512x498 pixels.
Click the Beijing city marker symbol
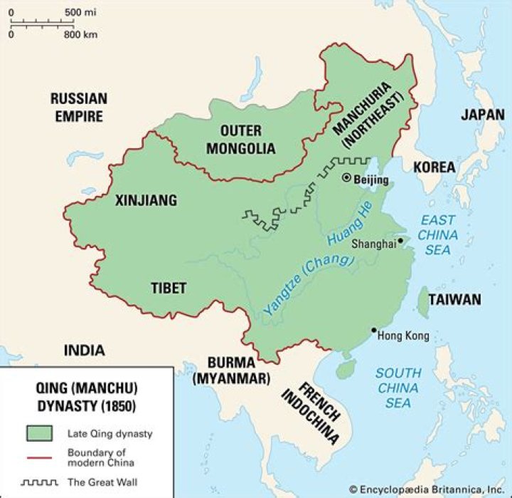(x=346, y=177)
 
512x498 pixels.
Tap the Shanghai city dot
(x=401, y=241)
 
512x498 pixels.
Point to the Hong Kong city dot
(x=373, y=330)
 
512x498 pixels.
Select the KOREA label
(x=434, y=167)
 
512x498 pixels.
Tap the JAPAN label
(x=483, y=114)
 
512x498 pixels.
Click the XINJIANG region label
(x=146, y=200)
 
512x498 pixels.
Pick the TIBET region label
(x=169, y=288)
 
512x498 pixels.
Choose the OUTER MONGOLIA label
(x=241, y=140)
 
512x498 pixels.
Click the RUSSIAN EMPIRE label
(x=79, y=107)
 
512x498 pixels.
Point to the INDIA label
(x=83, y=350)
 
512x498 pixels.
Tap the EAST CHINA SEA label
(x=438, y=234)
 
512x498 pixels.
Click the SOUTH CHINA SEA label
(x=398, y=388)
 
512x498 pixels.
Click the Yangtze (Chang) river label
(x=308, y=284)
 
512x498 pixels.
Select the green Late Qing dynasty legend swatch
(x=38, y=432)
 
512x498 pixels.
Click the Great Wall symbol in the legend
(x=38, y=482)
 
